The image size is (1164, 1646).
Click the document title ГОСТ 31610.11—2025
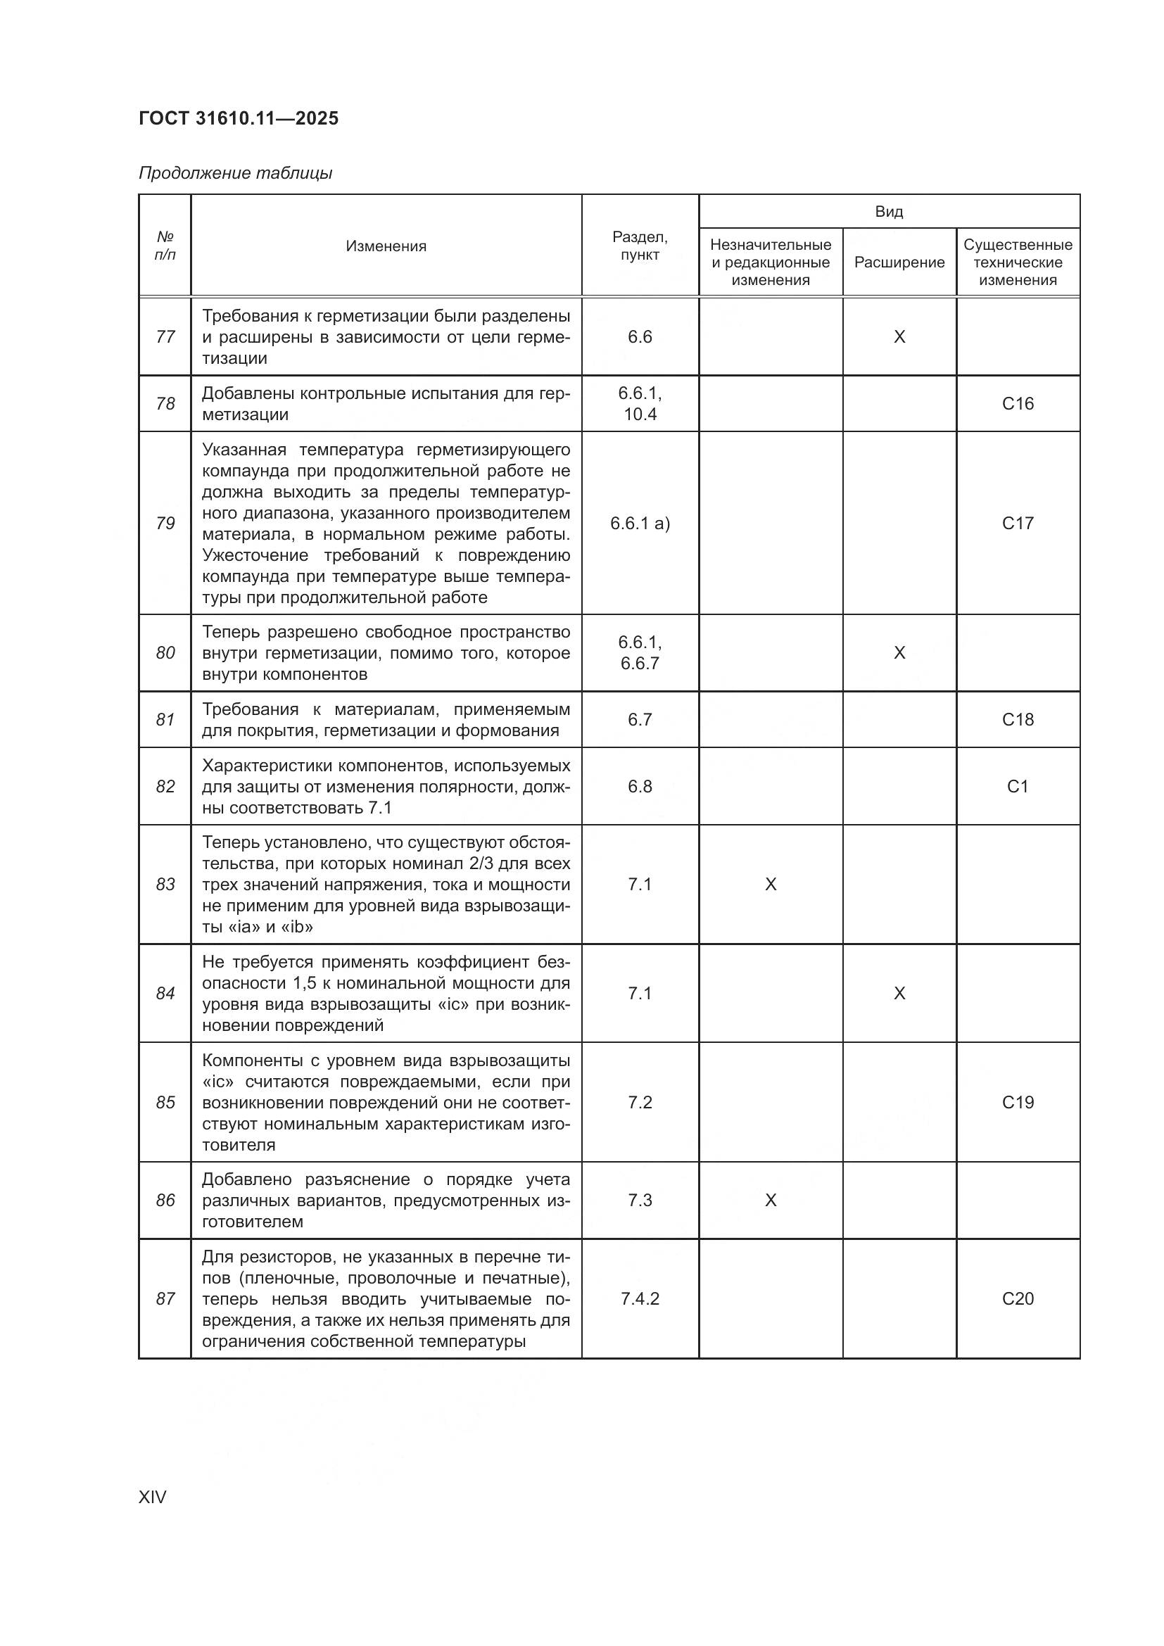coord(238,118)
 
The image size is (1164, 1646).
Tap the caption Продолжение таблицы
coord(235,173)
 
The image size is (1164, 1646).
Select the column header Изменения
coord(386,246)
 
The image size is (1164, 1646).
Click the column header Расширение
coord(899,262)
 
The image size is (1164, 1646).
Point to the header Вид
coord(889,212)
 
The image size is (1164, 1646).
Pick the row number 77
coord(165,337)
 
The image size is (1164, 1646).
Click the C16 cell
coord(1018,404)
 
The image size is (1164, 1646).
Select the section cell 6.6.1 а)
coord(640,524)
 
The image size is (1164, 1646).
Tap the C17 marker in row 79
coord(1018,524)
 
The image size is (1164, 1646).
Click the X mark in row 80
coord(899,652)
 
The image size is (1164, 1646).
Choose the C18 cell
coord(1018,719)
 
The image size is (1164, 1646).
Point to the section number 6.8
coord(640,787)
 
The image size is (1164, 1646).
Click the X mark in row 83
coord(771,884)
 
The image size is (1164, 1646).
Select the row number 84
coord(165,993)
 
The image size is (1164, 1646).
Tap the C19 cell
coord(1018,1102)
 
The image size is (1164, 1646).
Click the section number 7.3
coord(640,1200)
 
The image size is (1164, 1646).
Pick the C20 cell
coord(1018,1298)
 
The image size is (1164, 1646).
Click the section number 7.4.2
coord(640,1298)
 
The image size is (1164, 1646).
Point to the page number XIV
coord(152,1497)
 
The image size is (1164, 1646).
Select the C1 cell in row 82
coord(1018,787)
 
